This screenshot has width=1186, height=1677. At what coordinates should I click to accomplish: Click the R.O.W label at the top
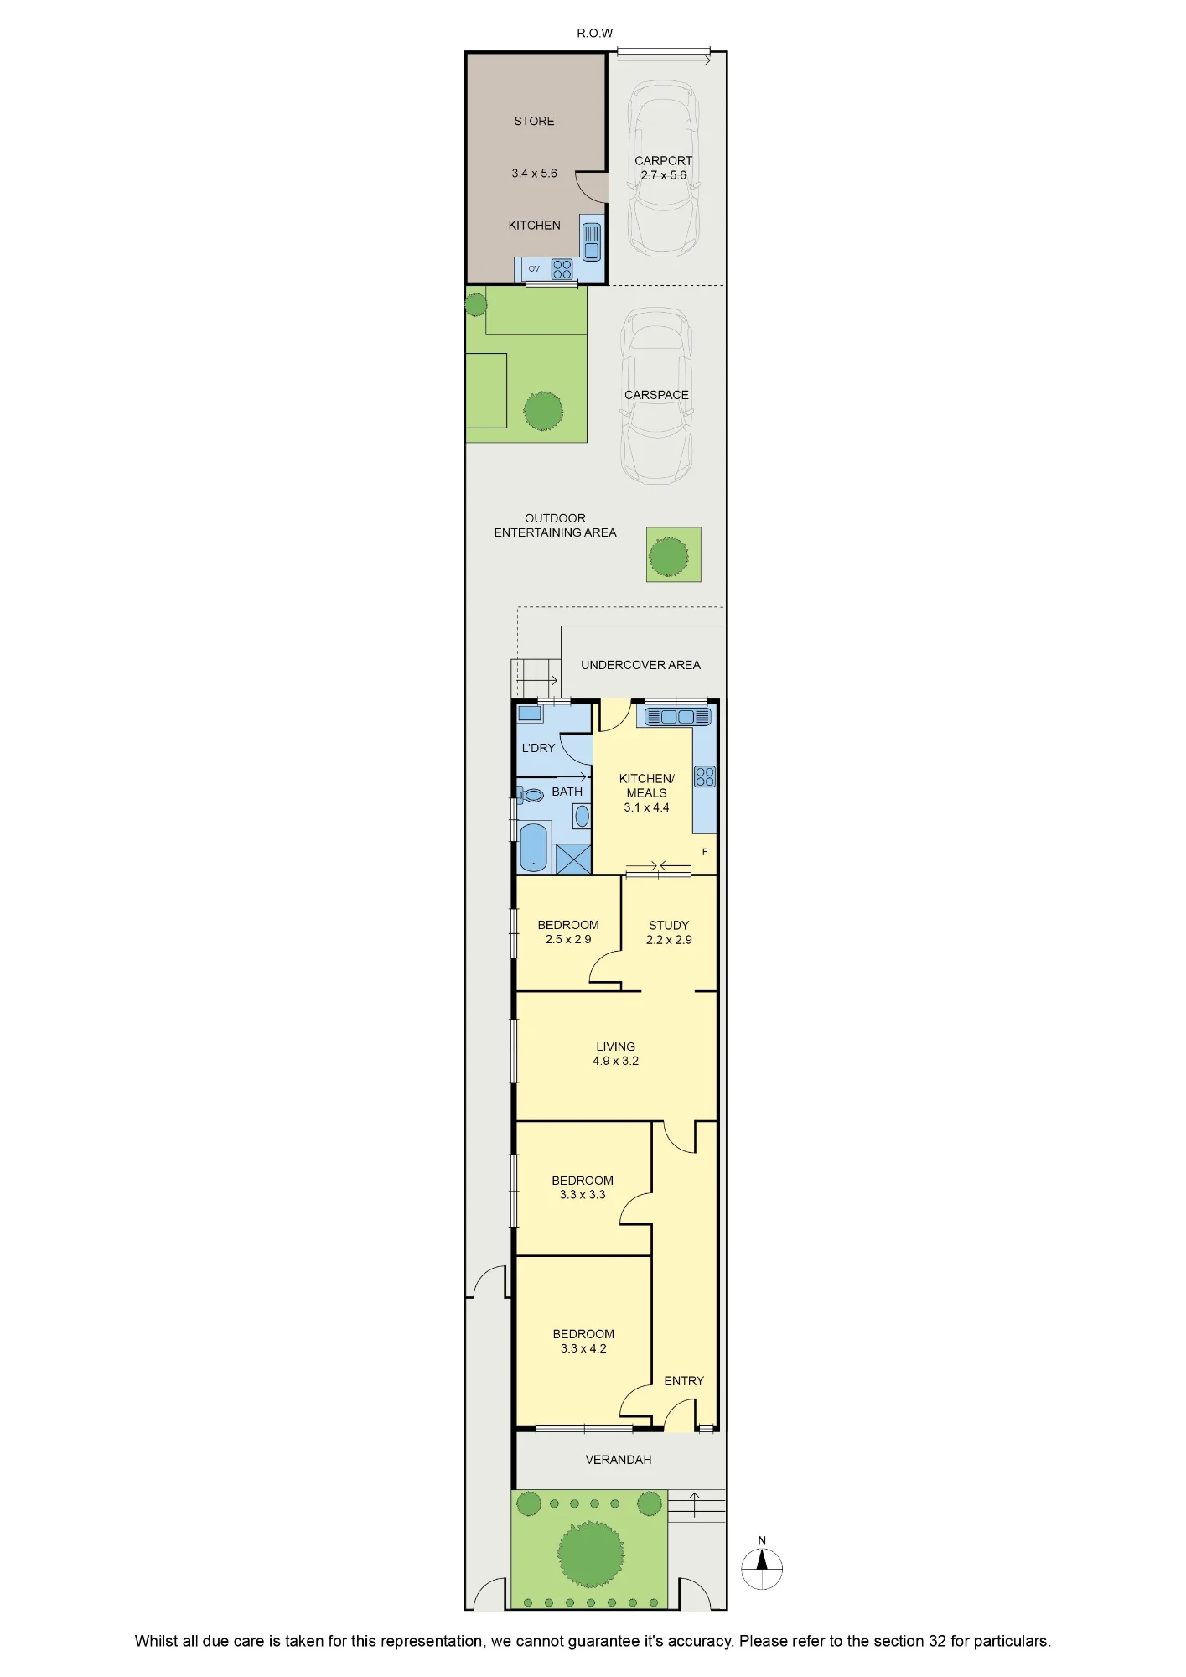pyautogui.click(x=594, y=34)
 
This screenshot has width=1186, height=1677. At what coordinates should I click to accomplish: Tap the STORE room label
pyautogui.click(x=534, y=121)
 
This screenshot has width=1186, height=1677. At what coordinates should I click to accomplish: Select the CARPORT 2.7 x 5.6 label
pyautogui.click(x=663, y=168)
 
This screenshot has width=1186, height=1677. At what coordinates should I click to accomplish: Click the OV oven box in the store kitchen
pyautogui.click(x=534, y=269)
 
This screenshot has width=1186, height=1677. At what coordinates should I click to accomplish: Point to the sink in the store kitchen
pyautogui.click(x=592, y=241)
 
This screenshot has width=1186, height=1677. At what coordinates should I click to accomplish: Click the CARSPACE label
pyautogui.click(x=656, y=395)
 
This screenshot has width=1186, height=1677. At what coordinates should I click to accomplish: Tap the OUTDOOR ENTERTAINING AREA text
pyautogui.click(x=555, y=526)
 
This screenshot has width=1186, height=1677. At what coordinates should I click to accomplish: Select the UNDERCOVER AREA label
pyautogui.click(x=640, y=665)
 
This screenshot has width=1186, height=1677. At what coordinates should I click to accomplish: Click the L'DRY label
pyautogui.click(x=538, y=748)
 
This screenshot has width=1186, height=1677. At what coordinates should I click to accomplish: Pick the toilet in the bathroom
pyautogui.click(x=530, y=795)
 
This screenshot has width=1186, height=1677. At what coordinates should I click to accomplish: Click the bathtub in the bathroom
pyautogui.click(x=534, y=847)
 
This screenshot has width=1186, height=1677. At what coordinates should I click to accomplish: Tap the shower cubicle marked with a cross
pyautogui.click(x=573, y=859)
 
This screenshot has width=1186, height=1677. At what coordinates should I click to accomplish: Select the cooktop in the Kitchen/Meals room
pyautogui.click(x=705, y=776)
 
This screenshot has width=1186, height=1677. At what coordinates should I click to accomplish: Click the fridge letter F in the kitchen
pyautogui.click(x=705, y=852)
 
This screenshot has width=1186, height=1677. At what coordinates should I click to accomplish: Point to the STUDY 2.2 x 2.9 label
pyautogui.click(x=669, y=932)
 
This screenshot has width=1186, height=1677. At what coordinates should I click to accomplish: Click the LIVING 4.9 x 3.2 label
pyautogui.click(x=615, y=1054)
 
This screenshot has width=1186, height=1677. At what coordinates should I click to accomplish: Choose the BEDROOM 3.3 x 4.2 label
pyautogui.click(x=583, y=1342)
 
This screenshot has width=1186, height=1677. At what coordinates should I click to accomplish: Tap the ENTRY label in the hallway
pyautogui.click(x=684, y=1381)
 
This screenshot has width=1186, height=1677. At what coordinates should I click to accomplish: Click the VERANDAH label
pyautogui.click(x=619, y=1460)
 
